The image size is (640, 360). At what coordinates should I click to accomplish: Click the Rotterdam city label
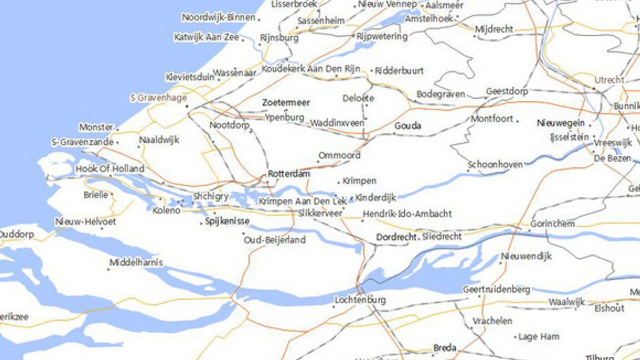click(289, 173)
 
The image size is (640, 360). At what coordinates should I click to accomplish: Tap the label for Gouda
click(407, 126)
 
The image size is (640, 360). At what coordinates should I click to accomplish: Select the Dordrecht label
click(396, 237)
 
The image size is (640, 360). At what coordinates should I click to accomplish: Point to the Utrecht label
click(609, 80)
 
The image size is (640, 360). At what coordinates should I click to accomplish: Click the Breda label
click(444, 348)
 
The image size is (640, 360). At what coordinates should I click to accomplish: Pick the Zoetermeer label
click(286, 102)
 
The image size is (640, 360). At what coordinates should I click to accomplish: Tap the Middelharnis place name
click(136, 262)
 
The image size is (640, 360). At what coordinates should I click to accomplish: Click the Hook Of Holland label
click(110, 169)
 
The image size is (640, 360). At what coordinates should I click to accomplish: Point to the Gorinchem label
click(552, 223)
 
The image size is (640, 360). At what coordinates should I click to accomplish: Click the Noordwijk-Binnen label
click(218, 17)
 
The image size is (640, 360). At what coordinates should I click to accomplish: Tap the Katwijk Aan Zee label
click(206, 37)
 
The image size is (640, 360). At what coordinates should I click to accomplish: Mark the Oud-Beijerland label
click(275, 240)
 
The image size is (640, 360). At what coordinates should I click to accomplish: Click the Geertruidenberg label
click(497, 290)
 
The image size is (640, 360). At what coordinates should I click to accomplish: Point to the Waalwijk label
click(567, 302)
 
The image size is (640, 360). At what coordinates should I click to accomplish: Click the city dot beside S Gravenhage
click(187, 106)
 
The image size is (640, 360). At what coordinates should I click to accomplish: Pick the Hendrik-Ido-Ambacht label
click(407, 214)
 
